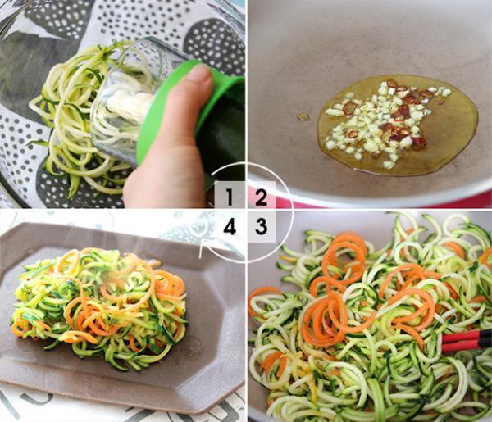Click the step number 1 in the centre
coord(230,197)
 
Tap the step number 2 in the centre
coord(261,197)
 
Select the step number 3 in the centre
coord(261,227)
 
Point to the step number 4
coord(230,227)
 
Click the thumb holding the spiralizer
coord(197,86)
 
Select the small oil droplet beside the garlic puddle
coord(303,117)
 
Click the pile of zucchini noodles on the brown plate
coord(98,307)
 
